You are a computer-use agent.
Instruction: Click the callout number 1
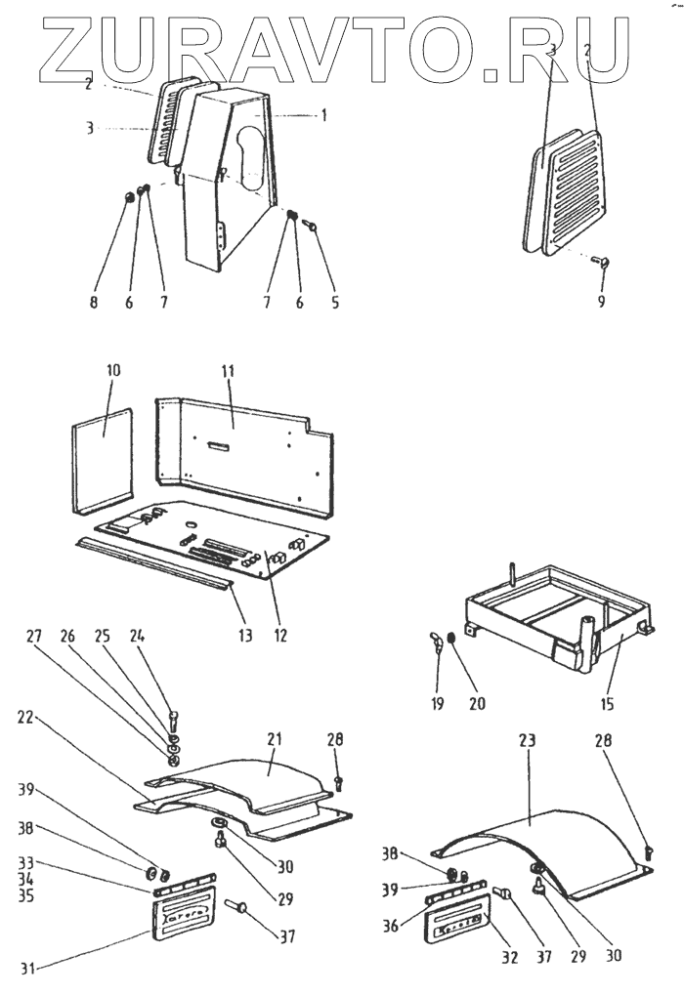coord(323,114)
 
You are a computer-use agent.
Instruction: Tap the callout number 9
coord(601,302)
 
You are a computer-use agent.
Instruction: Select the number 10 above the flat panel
coord(112,372)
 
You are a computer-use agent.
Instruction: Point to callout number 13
coord(244,636)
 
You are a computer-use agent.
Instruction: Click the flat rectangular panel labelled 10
coord(103,459)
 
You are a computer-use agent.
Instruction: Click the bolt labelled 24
coord(173,724)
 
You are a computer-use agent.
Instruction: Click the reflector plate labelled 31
coord(182,924)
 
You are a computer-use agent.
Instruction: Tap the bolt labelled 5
coord(312,226)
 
